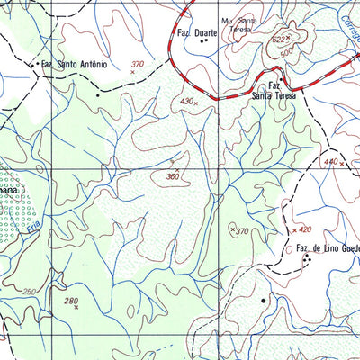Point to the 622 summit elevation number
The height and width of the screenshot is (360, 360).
(x=280, y=40)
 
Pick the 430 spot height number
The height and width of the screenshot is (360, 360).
(x=186, y=102)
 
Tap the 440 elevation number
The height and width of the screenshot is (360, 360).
(x=331, y=162)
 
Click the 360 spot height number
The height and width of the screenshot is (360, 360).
(x=172, y=177)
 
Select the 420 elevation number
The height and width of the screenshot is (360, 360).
(x=305, y=229)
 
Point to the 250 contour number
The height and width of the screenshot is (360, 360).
(x=29, y=292)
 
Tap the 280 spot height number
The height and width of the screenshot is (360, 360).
(x=71, y=301)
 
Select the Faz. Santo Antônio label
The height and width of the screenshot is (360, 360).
(x=74, y=65)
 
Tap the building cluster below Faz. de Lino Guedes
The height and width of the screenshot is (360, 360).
(x=307, y=260)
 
